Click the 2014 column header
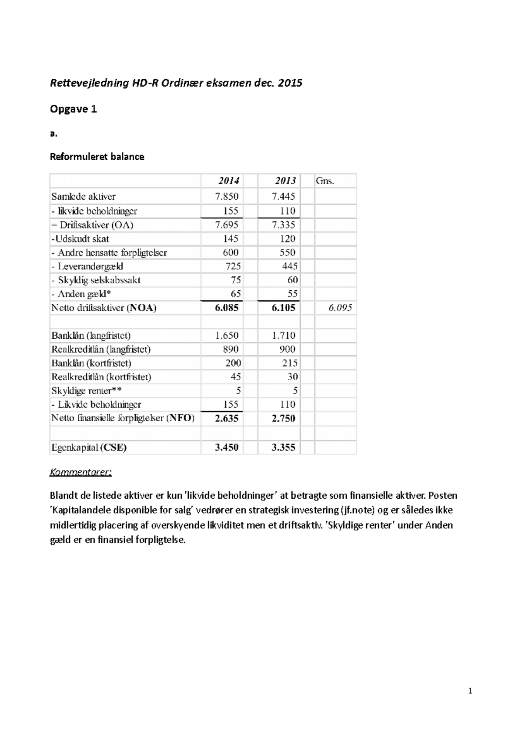(x=228, y=181)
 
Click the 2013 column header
(x=285, y=181)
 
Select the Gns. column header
(x=325, y=181)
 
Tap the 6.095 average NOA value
(x=340, y=308)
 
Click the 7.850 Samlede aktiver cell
(x=227, y=196)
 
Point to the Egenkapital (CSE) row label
(x=89, y=447)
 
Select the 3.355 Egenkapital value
(x=283, y=447)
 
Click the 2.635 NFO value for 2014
(x=227, y=418)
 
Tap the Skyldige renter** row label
(x=86, y=390)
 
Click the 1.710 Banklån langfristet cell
(x=283, y=336)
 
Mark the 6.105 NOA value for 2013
(x=283, y=308)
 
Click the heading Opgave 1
(x=73, y=109)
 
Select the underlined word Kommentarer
(x=80, y=472)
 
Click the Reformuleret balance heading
(x=97, y=157)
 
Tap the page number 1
(x=470, y=691)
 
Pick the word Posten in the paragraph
(x=443, y=496)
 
